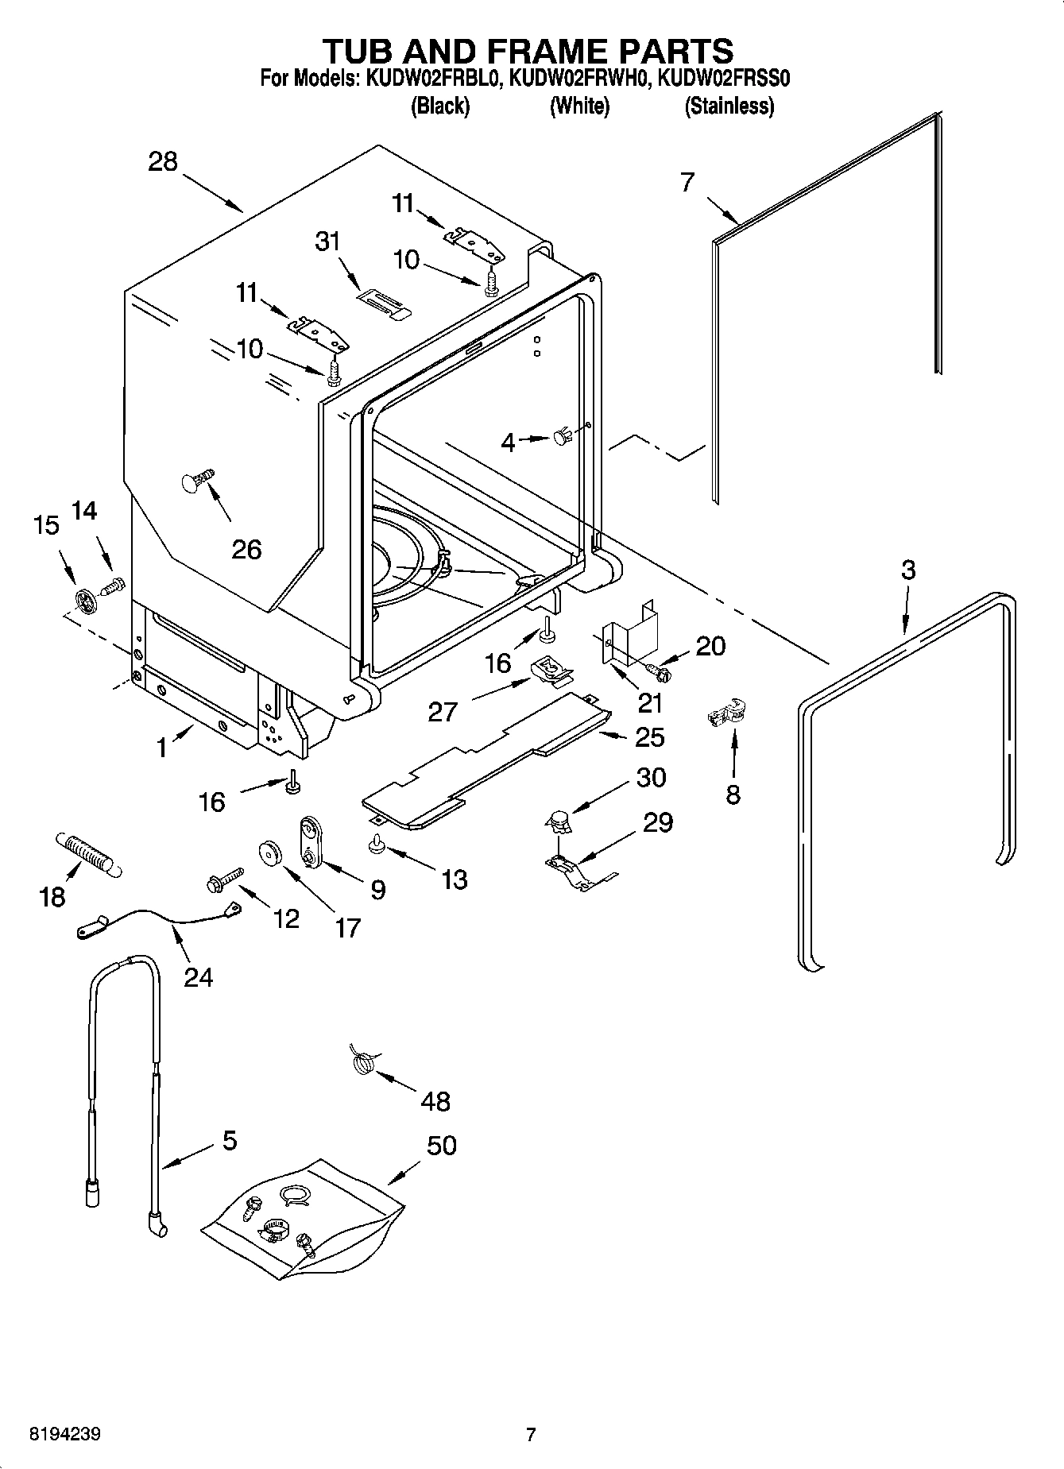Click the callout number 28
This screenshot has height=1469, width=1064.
tap(162, 161)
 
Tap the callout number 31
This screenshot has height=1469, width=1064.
tap(327, 242)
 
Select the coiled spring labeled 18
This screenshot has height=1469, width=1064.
tap(87, 855)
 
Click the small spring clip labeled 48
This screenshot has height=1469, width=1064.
tap(362, 1061)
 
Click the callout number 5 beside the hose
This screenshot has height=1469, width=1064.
tap(229, 1141)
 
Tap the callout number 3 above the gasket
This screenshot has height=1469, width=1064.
tap(908, 570)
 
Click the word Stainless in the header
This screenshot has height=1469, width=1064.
tap(729, 106)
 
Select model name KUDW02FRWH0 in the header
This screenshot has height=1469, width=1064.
tap(578, 79)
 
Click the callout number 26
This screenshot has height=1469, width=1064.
tap(246, 549)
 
